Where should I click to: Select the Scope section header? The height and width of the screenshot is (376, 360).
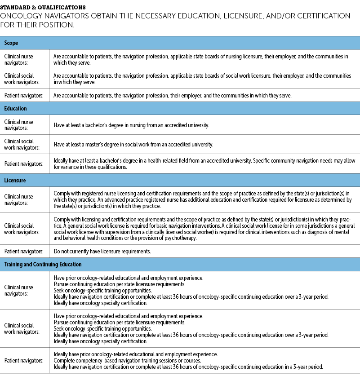(x=11, y=43)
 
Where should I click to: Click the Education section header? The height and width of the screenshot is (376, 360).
(x=16, y=108)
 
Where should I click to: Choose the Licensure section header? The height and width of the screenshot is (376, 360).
(x=15, y=180)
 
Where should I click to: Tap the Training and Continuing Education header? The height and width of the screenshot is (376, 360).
(x=43, y=264)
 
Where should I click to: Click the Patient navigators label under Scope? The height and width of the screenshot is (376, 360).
(x=24, y=95)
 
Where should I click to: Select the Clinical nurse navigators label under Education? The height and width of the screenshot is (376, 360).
(x=19, y=125)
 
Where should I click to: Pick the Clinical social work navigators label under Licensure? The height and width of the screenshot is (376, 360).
(x=19, y=229)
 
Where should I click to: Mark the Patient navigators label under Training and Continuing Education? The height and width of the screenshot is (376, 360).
(x=24, y=360)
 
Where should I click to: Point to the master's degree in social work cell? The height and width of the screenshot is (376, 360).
(x=133, y=145)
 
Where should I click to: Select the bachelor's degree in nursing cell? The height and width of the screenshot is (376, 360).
(x=131, y=125)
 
